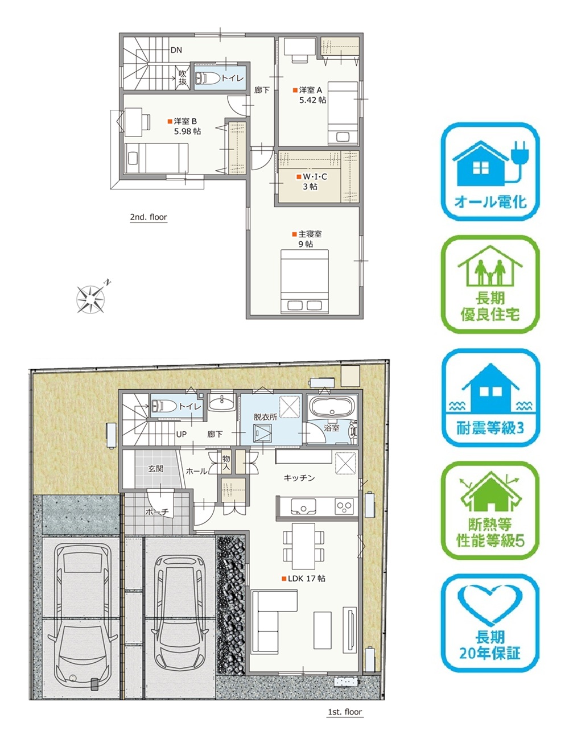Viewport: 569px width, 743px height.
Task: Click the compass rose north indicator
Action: point(91,296)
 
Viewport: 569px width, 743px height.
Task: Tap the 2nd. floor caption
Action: point(149,217)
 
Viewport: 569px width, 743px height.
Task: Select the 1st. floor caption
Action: point(345,712)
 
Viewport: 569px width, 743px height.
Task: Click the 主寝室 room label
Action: point(310,234)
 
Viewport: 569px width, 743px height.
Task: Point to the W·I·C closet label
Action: point(315,176)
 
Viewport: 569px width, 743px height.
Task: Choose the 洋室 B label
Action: point(185,121)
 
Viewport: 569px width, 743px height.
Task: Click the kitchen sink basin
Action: point(303,506)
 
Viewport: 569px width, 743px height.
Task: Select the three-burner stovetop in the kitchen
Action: point(344,506)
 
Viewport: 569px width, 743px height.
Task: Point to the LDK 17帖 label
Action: point(306,579)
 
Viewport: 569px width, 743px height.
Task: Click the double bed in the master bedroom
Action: point(304,282)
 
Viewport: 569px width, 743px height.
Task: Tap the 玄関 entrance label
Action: point(156,468)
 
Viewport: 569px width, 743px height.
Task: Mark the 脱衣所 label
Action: point(265,417)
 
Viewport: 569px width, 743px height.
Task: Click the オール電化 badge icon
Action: point(490,171)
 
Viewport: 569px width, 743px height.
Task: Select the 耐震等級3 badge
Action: point(490,397)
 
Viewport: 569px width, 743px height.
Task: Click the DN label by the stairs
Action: point(176,50)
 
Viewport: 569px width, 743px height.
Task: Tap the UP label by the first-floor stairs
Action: point(182,434)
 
